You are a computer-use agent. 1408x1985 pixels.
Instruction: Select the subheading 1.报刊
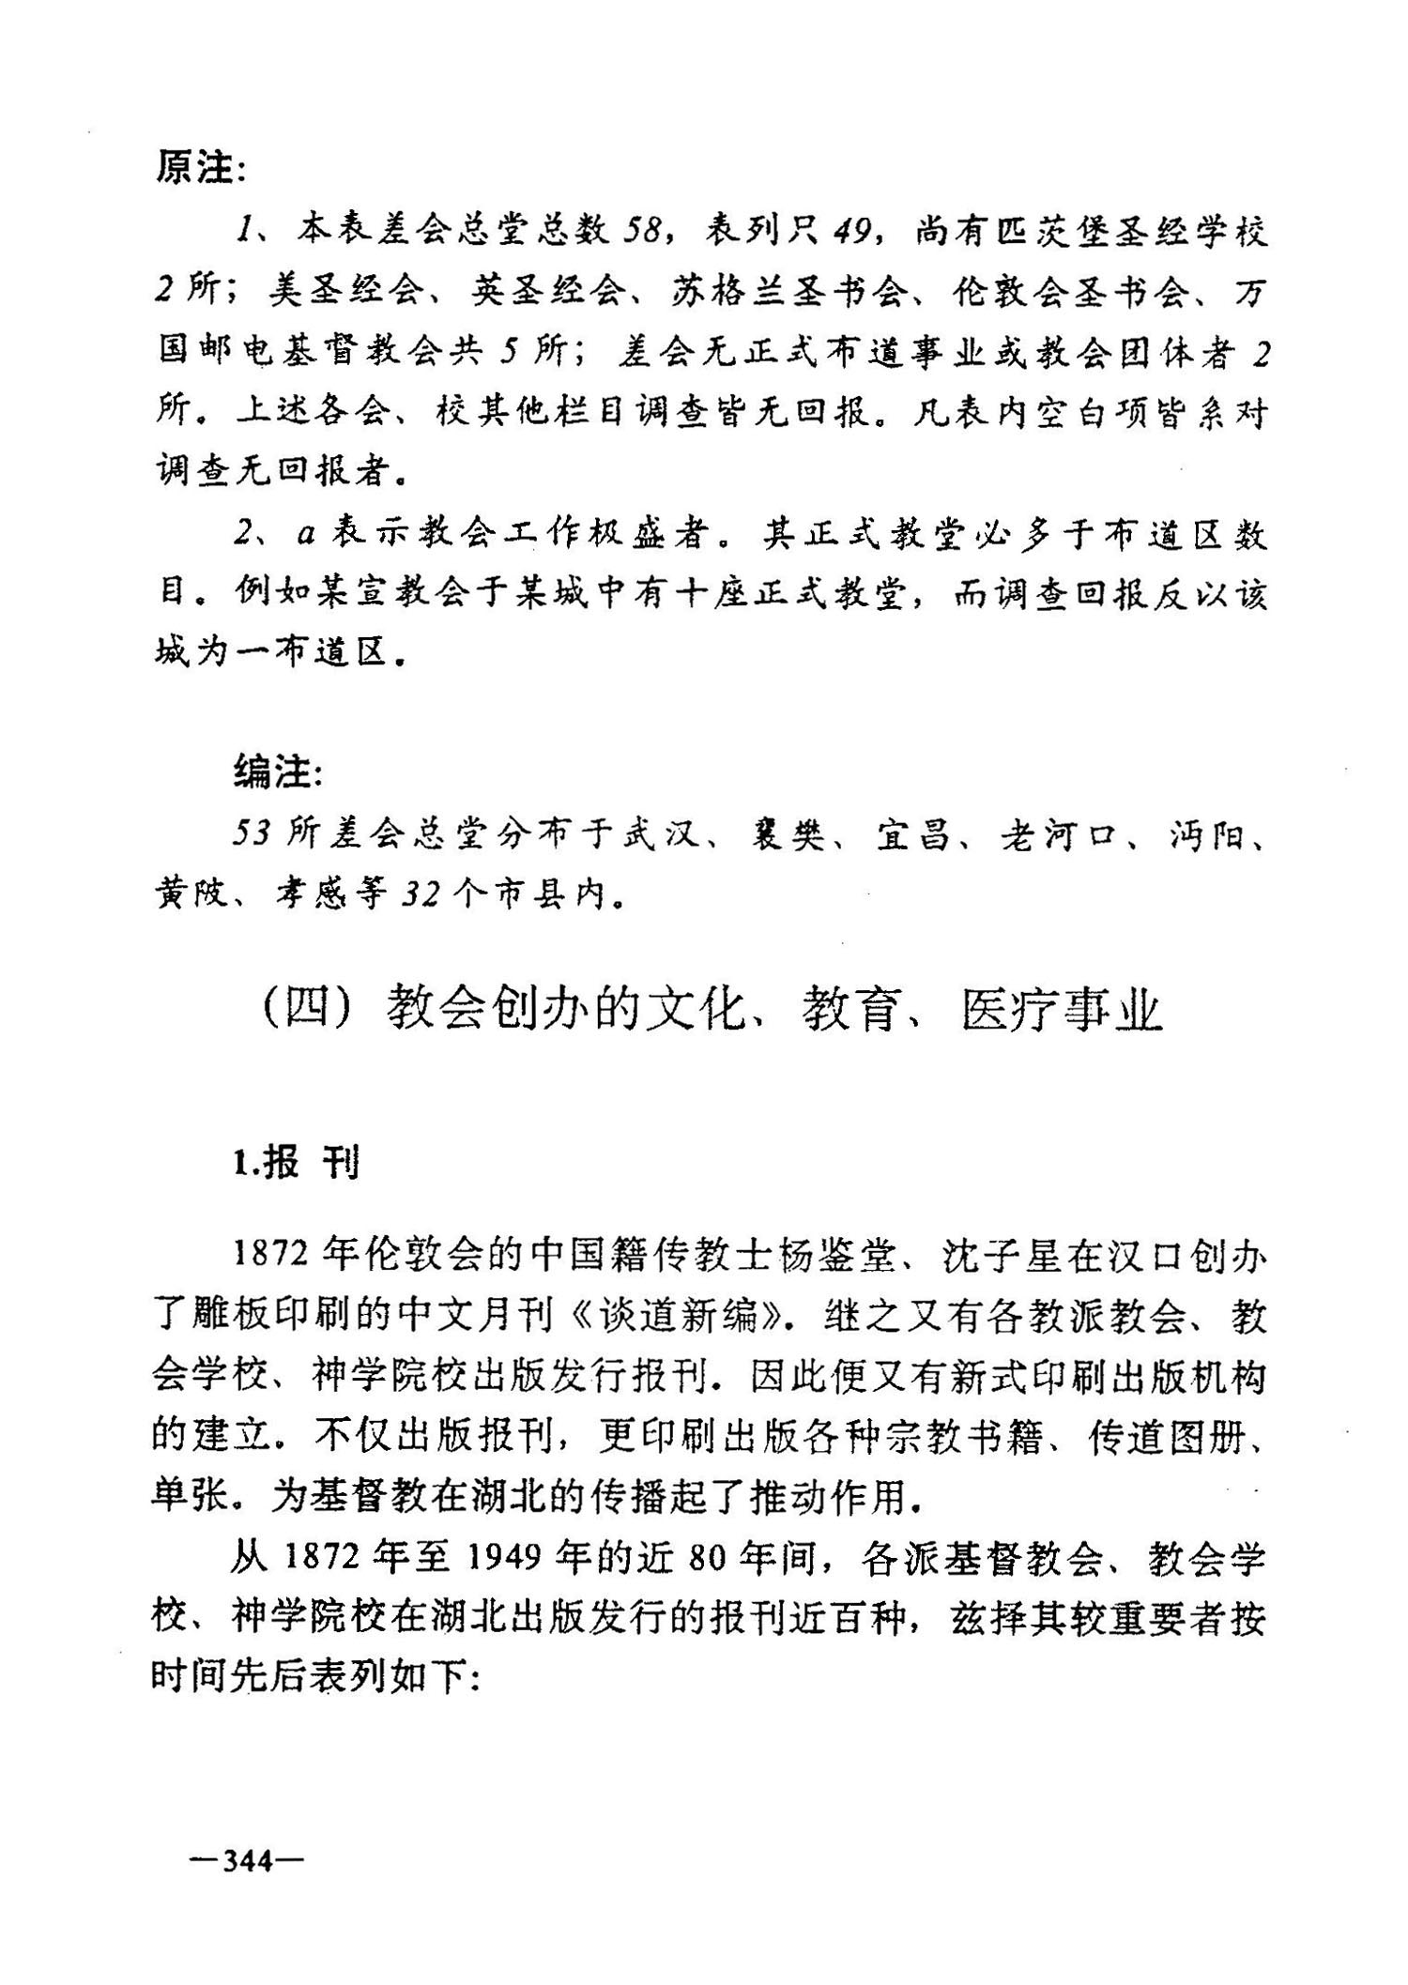pos(296,1165)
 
